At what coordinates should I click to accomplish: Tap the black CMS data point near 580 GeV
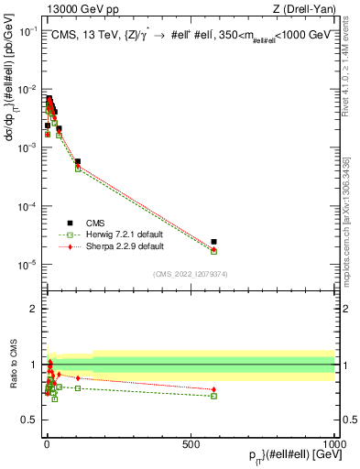[x=213, y=242]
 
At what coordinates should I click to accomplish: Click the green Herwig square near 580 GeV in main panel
[x=213, y=251]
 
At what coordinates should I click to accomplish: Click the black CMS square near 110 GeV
[x=78, y=161]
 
